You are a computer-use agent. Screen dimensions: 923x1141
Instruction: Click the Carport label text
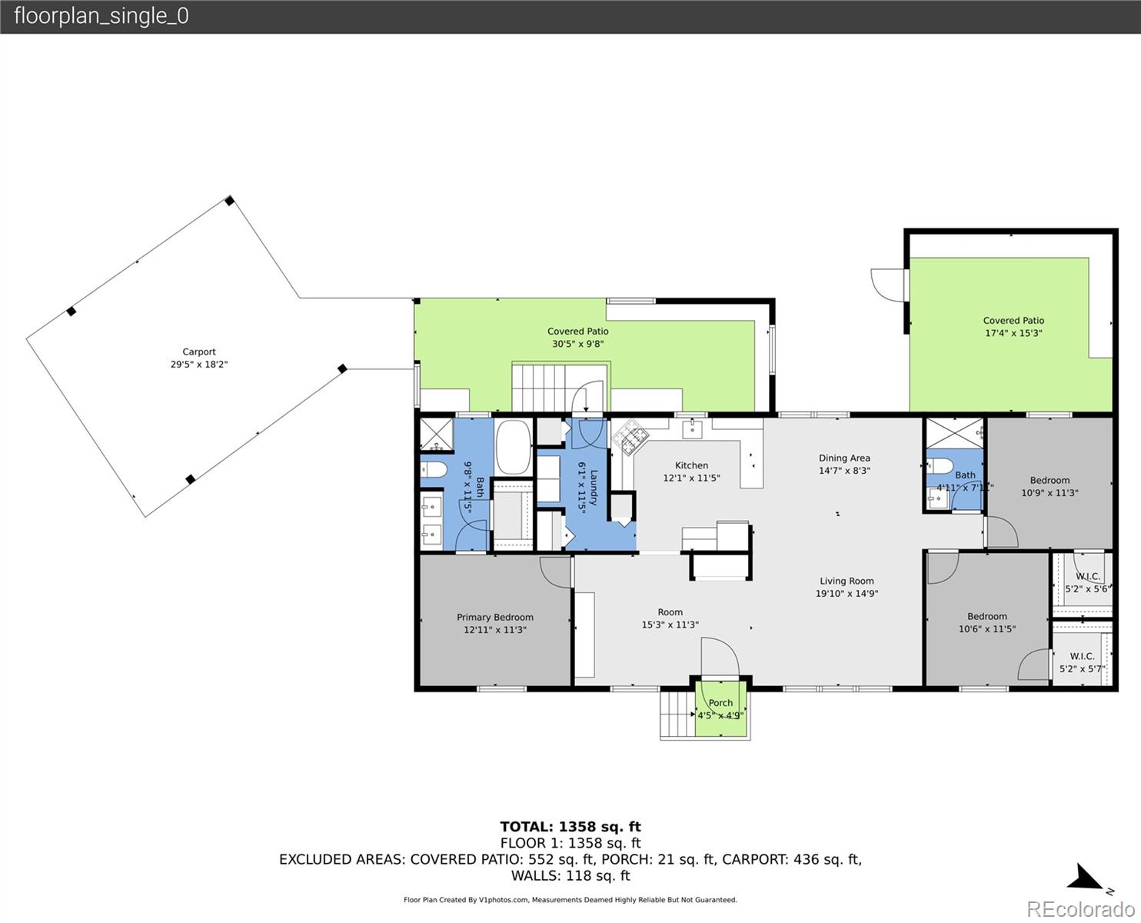[199, 352]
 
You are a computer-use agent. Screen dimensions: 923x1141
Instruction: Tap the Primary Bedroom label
[494, 617]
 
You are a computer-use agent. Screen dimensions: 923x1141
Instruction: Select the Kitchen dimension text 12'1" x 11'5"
[691, 478]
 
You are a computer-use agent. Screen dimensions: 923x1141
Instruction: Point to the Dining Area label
[844, 458]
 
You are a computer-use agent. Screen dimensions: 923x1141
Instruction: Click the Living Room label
[847, 581]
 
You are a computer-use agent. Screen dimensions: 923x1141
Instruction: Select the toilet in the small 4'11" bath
[940, 465]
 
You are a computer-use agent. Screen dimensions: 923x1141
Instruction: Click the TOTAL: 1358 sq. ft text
[570, 827]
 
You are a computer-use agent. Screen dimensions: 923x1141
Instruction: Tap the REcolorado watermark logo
[1079, 908]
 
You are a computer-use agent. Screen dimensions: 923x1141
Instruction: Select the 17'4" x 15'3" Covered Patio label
[1013, 327]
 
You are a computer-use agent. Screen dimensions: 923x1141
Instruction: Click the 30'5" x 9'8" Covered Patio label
[577, 338]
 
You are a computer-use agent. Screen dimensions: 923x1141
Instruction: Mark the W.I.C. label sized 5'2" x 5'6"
[1086, 582]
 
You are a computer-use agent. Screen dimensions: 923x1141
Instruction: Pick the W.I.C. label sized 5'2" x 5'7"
[1082, 662]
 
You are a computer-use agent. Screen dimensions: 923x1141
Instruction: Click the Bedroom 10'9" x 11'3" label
[1050, 486]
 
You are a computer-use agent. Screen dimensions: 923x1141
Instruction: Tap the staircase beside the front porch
[677, 715]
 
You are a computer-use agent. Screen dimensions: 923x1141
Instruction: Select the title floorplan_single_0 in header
[101, 16]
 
